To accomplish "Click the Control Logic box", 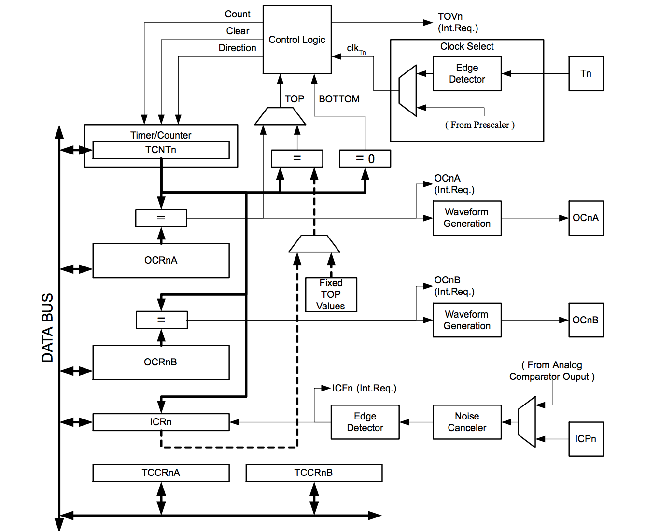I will (x=297, y=40).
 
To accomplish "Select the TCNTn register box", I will (x=161, y=150).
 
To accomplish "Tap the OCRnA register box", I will (x=161, y=260).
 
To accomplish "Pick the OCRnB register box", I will (x=161, y=362).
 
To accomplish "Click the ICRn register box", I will (x=161, y=422).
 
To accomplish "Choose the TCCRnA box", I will (x=161, y=473).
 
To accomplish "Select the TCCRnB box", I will (x=314, y=473).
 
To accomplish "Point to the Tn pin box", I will (x=586, y=73).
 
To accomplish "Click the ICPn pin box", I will (x=586, y=439).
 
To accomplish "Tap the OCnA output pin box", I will (x=586, y=218).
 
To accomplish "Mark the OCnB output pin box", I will (x=586, y=320).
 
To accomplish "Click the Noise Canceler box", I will (x=467, y=422).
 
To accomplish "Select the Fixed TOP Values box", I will (x=331, y=294).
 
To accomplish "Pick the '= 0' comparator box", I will (x=365, y=159).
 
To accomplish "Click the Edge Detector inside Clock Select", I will (x=467, y=73).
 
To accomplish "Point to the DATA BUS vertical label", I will (x=47, y=328).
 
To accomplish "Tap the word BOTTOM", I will (x=339, y=99).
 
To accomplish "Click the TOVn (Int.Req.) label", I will (x=457, y=22).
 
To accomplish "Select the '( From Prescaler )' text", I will (x=479, y=125).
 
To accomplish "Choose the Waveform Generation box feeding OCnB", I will (x=467, y=320).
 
